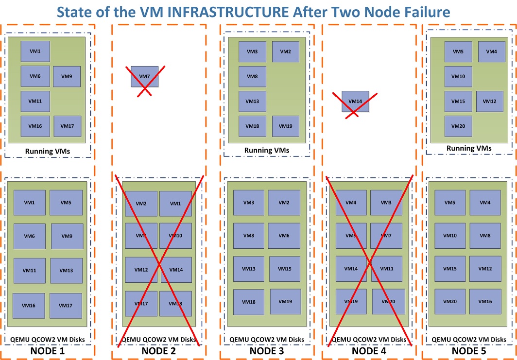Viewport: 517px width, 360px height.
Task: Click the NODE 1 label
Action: pos(47,351)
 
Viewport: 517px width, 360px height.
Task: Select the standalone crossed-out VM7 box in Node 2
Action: pos(144,77)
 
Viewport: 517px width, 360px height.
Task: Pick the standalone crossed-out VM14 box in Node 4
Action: pos(355,102)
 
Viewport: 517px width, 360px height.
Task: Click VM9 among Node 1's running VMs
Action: pos(67,76)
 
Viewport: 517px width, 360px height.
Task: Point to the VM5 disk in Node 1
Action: pos(66,203)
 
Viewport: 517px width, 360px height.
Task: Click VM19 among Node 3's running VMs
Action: pos(286,126)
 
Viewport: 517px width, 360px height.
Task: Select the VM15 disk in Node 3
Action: pos(285,269)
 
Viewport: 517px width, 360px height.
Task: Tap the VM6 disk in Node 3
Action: pos(284,236)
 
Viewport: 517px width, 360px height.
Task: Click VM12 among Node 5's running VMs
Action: pos(490,102)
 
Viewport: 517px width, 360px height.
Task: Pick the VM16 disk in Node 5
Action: pos(485,302)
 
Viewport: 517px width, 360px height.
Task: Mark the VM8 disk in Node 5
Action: pos(485,236)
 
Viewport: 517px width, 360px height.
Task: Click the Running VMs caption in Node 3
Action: pos(267,151)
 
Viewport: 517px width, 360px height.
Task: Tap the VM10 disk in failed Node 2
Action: pos(175,236)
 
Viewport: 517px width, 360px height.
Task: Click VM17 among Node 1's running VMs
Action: pos(67,126)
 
